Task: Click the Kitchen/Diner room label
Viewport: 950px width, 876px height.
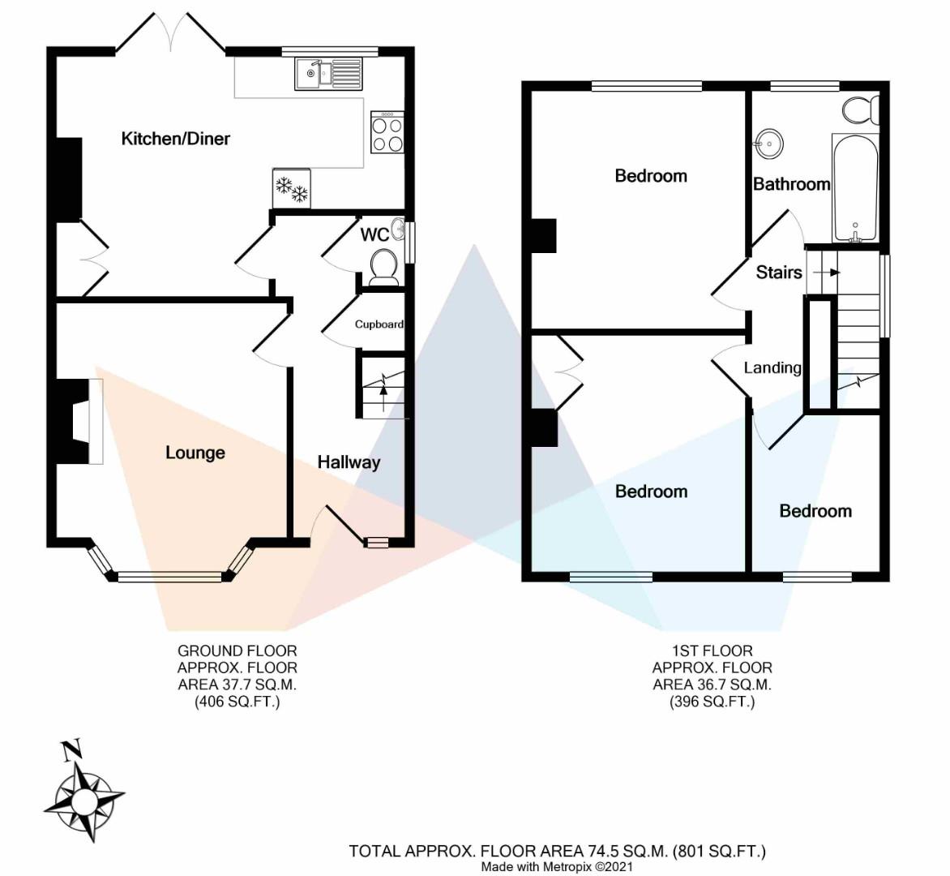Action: (x=176, y=139)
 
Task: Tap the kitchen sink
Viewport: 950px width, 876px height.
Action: (x=327, y=73)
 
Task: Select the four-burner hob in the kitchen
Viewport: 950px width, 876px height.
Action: (x=387, y=133)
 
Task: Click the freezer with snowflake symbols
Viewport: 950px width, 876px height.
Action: (x=292, y=188)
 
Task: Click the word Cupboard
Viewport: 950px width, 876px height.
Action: (x=379, y=324)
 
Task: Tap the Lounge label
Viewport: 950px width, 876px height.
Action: (x=195, y=453)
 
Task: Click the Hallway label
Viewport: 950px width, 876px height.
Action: (x=349, y=462)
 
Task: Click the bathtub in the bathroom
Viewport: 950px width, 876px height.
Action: (x=855, y=188)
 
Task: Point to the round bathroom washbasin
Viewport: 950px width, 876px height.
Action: (x=769, y=144)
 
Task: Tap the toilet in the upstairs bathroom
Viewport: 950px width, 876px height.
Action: (x=861, y=109)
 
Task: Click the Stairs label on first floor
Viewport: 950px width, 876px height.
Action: (x=779, y=273)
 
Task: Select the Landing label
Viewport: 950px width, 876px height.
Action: (x=772, y=368)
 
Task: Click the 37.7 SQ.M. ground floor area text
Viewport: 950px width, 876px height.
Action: (x=237, y=685)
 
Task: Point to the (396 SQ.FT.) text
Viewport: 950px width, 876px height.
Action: (x=712, y=702)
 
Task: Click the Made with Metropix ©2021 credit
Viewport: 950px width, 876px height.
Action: (x=557, y=867)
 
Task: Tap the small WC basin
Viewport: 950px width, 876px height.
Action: (x=398, y=230)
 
